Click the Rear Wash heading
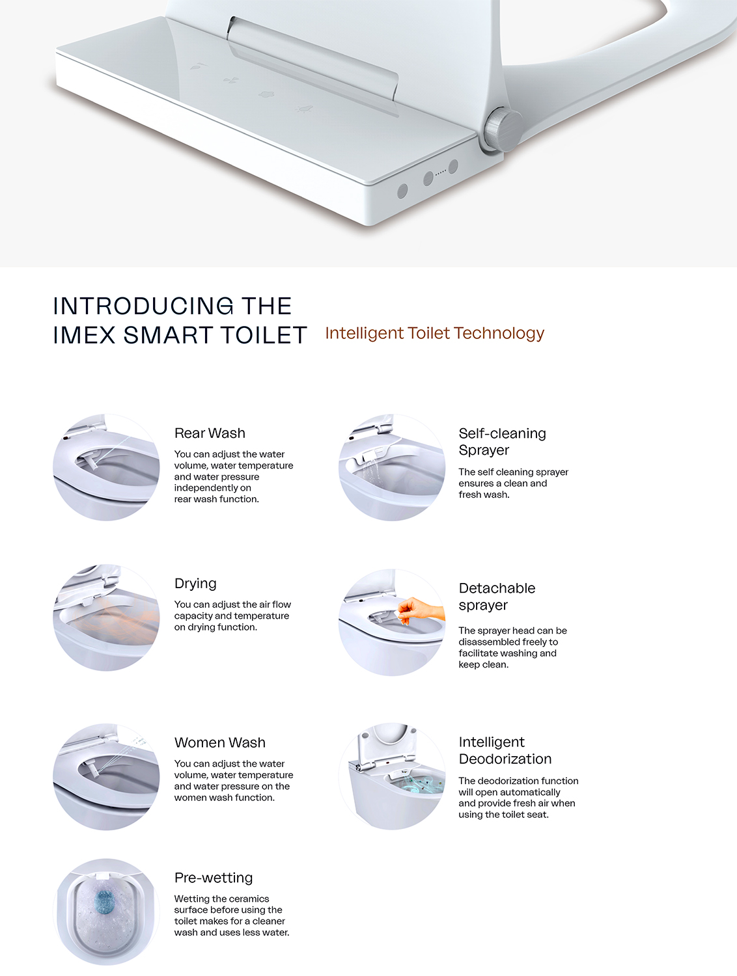[x=210, y=433]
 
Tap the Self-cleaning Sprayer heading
[x=502, y=441]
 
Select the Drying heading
[x=195, y=584]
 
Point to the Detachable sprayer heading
[x=497, y=597]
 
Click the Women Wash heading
[x=220, y=743]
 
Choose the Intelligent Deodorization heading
[x=505, y=750]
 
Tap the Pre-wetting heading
[x=214, y=878]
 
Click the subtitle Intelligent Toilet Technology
[x=434, y=333]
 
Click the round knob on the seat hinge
[x=501, y=129]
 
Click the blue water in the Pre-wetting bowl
[x=105, y=901]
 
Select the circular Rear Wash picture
[x=106, y=467]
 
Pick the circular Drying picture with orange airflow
[x=106, y=617]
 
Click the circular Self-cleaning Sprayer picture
[x=391, y=467]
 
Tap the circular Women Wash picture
[x=106, y=776]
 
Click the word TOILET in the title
[x=264, y=336]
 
